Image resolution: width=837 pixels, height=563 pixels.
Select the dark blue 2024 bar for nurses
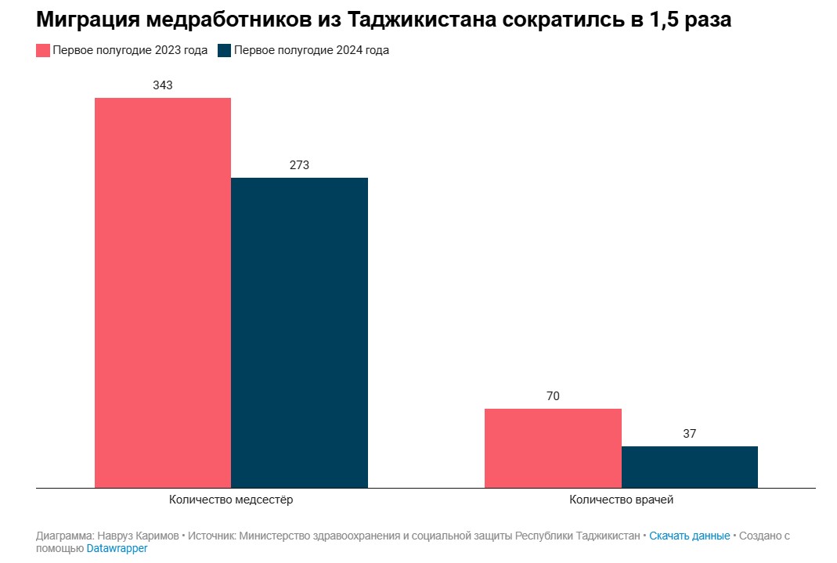coord(299,332)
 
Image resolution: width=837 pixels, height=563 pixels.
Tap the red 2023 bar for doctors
coord(553,448)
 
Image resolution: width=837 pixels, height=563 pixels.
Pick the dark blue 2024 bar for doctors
coord(689,467)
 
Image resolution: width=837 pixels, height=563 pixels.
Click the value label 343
coord(163,85)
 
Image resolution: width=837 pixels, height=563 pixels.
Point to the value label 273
coord(299,165)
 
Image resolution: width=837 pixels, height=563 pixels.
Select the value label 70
coord(553,396)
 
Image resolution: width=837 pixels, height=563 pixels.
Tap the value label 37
coord(689,434)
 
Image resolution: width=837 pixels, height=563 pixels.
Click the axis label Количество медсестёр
coord(231,500)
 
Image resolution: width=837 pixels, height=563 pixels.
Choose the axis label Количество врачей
coord(621,500)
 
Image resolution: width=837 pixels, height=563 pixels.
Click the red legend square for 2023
coord(43,51)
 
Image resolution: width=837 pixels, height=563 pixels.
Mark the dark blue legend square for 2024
coord(225,51)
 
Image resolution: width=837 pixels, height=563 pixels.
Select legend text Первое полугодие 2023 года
coord(130,51)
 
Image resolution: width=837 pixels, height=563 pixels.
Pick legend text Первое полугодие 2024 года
coord(312,51)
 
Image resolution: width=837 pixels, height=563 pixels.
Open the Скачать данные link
coord(689,536)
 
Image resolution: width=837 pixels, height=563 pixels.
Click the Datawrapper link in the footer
coord(117,549)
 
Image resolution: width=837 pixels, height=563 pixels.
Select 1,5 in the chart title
coord(665,20)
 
